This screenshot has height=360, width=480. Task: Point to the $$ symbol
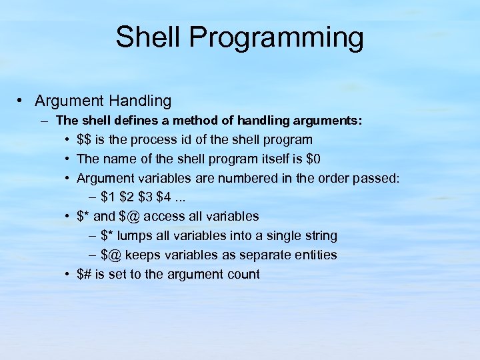85,140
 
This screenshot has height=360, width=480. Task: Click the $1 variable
108,197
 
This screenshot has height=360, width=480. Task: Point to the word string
319,236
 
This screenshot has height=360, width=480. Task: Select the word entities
313,255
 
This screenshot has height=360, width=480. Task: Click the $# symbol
85,275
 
